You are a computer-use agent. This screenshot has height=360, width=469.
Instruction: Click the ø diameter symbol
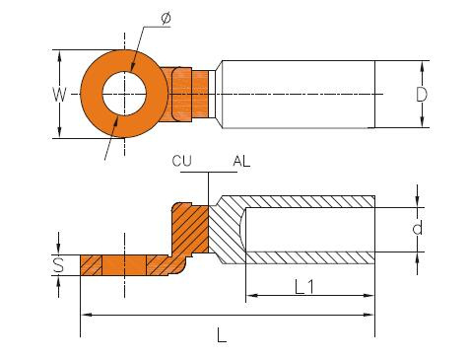pyautogui.click(x=167, y=18)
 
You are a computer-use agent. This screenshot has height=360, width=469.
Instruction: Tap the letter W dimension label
pyautogui.click(x=59, y=95)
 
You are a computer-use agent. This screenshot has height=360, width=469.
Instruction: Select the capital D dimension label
pyautogui.click(x=422, y=95)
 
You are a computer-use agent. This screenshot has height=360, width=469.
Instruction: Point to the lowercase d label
pyautogui.click(x=418, y=228)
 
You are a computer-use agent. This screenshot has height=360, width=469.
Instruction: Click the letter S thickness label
pyautogui.click(x=58, y=265)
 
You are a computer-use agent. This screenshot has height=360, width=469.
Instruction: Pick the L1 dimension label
pyautogui.click(x=304, y=287)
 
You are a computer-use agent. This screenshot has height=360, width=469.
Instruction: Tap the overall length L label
pyautogui.click(x=222, y=335)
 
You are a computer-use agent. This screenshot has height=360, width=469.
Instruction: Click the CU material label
pyautogui.click(x=181, y=161)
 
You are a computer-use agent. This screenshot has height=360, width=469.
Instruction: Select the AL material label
pyautogui.click(x=241, y=161)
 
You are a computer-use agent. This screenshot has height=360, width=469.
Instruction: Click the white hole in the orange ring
pyautogui.click(x=124, y=94)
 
